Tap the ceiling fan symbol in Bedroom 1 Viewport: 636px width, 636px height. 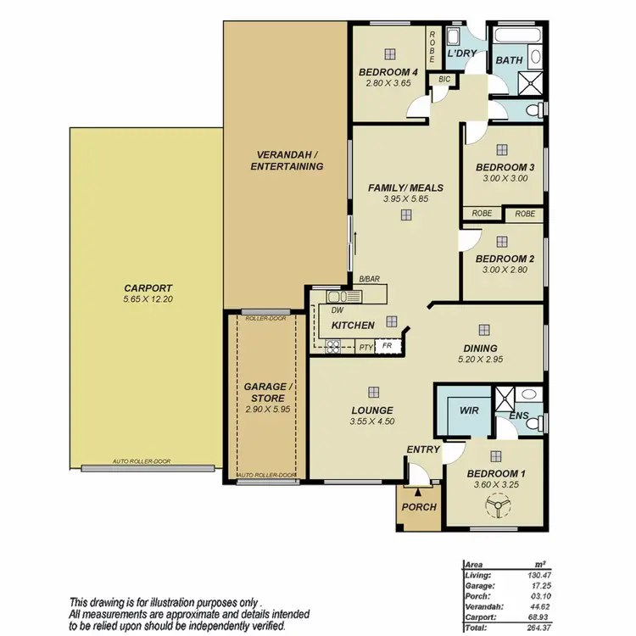494,507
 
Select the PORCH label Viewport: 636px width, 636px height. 419,507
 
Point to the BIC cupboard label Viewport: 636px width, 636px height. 444,79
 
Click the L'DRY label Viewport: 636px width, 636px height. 461,53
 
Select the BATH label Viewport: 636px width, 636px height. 509,60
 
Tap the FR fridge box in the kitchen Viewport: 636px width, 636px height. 388,346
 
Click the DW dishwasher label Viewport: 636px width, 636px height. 337,310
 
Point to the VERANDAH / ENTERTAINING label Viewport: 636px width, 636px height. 287,160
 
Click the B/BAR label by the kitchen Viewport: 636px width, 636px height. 368,279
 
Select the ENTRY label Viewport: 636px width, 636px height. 421,449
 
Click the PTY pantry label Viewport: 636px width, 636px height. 365,347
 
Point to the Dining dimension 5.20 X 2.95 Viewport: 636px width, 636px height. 480,360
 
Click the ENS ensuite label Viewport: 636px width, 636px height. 518,416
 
